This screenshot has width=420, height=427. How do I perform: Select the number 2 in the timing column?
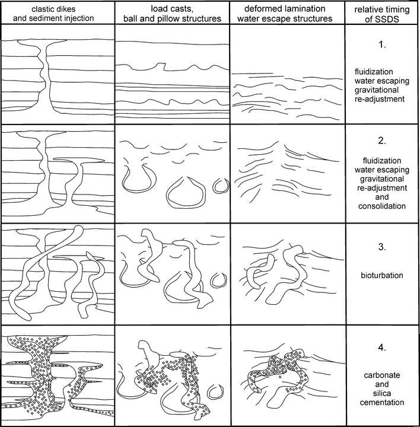[x=381, y=141]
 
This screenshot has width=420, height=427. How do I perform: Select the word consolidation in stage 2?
[x=381, y=206]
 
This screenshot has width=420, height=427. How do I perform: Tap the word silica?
[x=381, y=393]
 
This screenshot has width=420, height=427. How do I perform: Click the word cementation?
[x=381, y=403]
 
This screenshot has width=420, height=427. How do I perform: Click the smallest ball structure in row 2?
[x=220, y=186]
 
